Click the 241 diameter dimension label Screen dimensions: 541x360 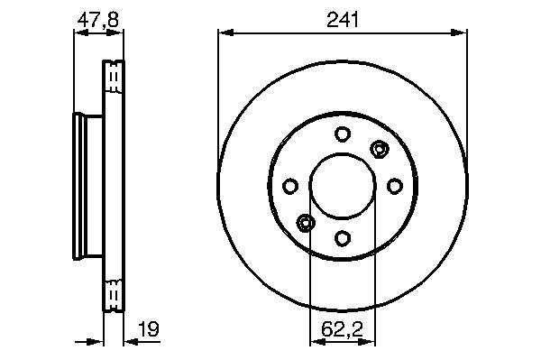343,19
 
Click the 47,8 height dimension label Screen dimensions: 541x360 98,19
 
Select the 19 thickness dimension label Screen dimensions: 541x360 149,329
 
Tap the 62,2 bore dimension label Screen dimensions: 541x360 343,329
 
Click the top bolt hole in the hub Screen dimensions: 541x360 343,134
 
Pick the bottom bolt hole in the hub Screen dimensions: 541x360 343,238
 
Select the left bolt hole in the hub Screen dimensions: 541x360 290,186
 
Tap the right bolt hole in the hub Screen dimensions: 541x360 395,186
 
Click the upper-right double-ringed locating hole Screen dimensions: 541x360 380,150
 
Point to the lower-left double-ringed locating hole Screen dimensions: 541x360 306,223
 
